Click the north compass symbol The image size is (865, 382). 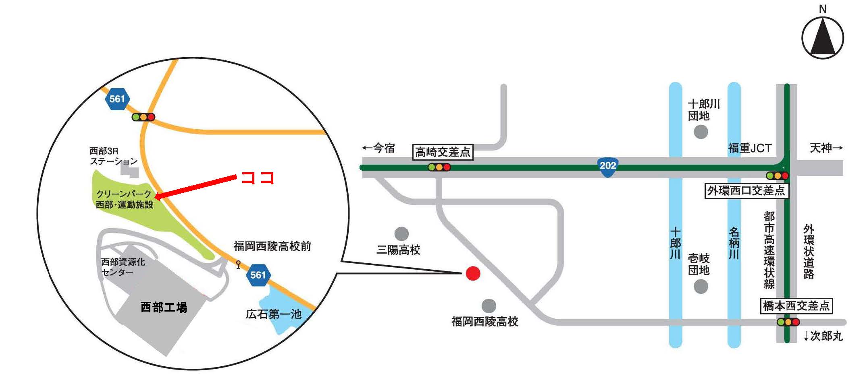[822, 37]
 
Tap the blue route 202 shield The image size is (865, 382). [607, 166]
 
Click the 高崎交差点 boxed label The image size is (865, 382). [443, 152]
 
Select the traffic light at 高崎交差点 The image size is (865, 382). [439, 167]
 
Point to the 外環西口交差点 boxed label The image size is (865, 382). [746, 190]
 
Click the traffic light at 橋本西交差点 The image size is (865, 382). [788, 322]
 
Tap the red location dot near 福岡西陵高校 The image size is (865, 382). [473, 273]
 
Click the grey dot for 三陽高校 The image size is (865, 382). [401, 233]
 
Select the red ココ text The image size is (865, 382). [258, 178]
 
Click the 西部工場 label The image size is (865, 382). [164, 308]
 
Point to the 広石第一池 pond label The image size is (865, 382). [274, 314]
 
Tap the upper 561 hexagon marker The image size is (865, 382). [117, 99]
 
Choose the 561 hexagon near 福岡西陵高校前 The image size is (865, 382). [258, 275]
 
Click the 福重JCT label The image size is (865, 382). [750, 148]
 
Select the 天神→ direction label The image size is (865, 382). [826, 148]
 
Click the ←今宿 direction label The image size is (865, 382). [378, 148]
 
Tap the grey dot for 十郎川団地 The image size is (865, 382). [701, 132]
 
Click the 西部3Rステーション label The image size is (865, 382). [113, 156]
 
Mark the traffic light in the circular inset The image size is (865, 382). [143, 117]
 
